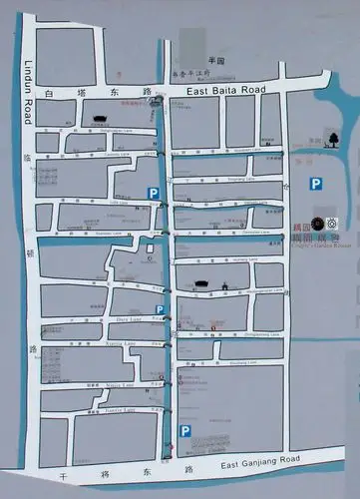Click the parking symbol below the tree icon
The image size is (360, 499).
315,183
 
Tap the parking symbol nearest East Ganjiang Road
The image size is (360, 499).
184,430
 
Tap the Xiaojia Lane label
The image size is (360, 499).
120,384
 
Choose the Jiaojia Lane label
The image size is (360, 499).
120,407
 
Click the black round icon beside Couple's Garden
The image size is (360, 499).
316,224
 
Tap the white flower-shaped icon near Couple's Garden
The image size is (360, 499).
332,224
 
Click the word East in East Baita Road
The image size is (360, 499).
197,91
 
